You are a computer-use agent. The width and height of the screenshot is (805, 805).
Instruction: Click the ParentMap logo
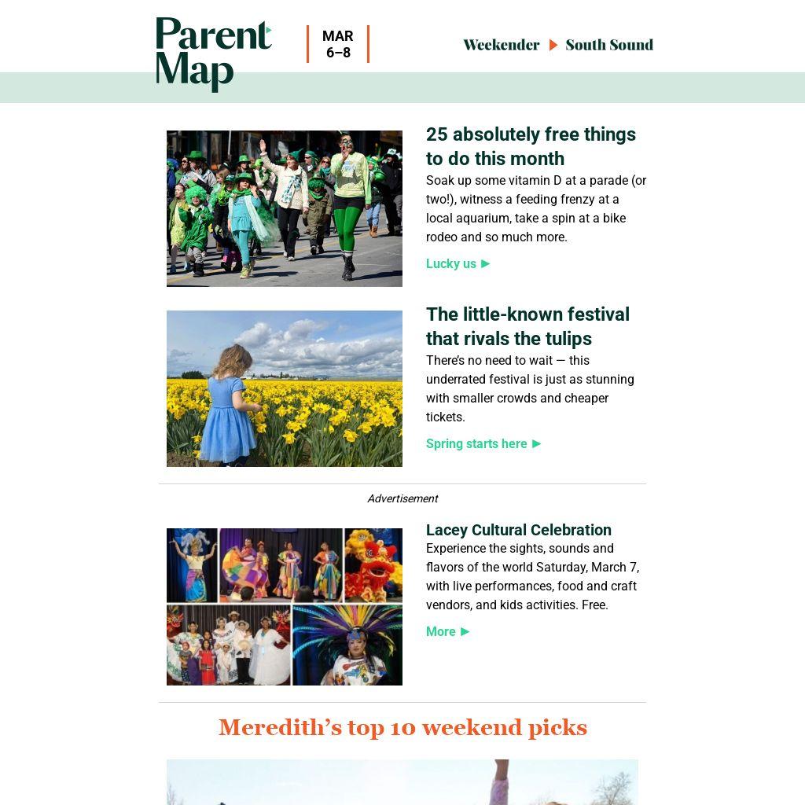(213, 53)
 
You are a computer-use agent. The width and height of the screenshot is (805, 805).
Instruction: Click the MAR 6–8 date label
(338, 44)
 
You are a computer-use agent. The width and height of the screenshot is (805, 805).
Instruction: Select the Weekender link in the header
(501, 45)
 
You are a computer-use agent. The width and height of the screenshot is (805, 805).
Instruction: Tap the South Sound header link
(609, 45)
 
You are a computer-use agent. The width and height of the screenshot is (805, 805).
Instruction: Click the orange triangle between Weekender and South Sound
(553, 45)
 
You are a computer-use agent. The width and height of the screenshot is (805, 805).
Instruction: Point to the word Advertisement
(402, 498)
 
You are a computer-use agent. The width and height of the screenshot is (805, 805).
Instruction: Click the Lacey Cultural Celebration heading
(518, 530)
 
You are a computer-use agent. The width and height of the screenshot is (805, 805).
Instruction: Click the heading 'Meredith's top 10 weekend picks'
(402, 727)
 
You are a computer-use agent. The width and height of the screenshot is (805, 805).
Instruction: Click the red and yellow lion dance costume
(373, 564)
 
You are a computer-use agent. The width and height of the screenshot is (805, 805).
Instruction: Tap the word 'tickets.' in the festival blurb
(446, 417)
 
